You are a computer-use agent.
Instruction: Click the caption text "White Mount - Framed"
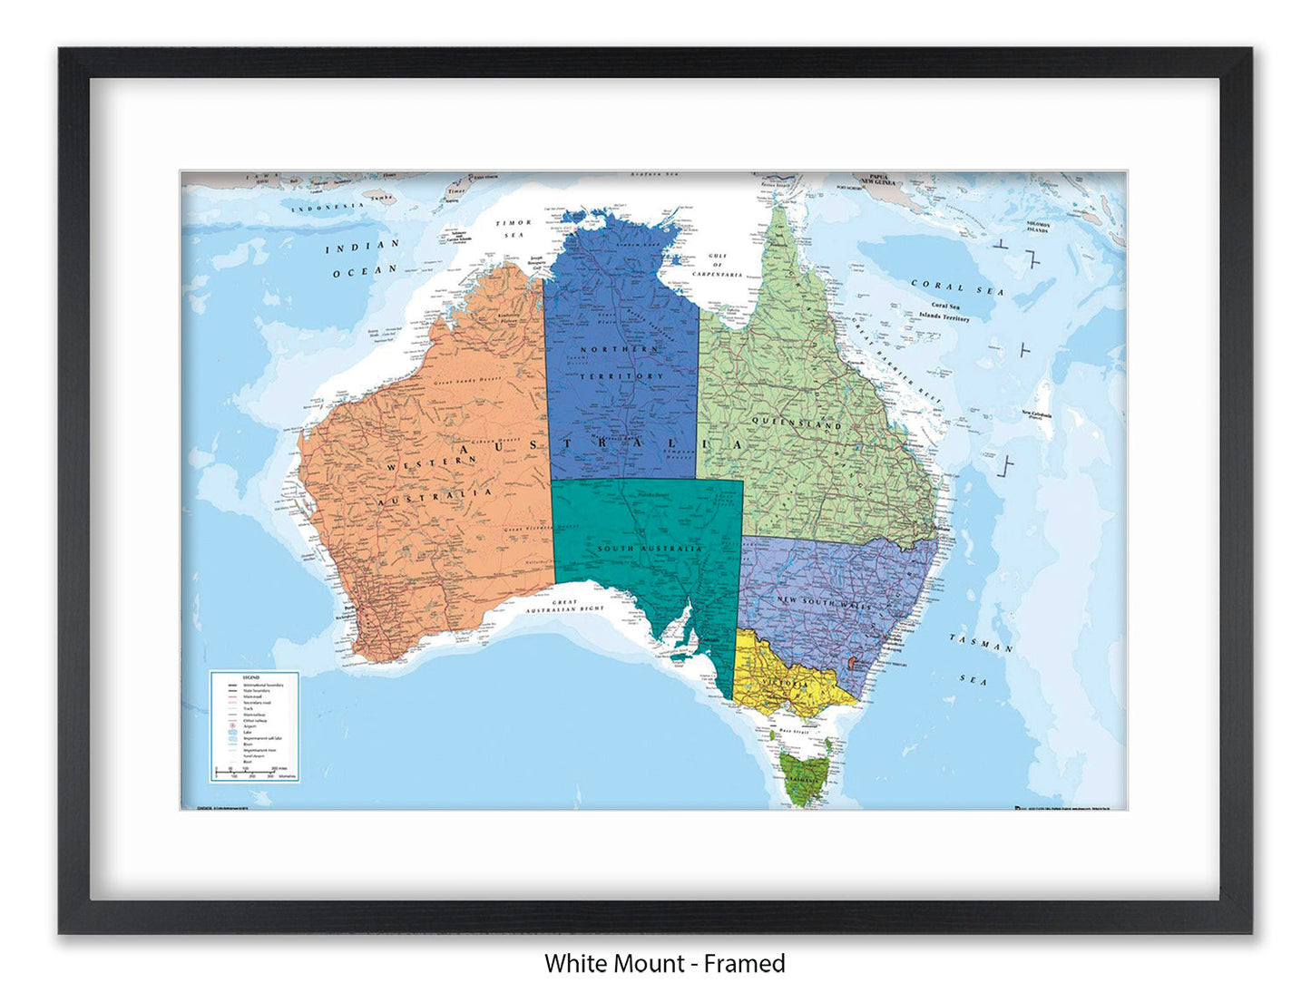(x=664, y=963)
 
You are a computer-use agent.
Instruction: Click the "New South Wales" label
(x=823, y=602)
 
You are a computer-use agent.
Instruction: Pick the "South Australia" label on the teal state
(x=649, y=549)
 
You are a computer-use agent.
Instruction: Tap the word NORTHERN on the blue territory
(x=620, y=349)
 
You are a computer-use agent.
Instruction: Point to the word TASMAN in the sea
(x=981, y=643)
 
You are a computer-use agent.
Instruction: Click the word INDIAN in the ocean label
(x=362, y=247)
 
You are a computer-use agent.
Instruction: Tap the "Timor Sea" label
(x=513, y=229)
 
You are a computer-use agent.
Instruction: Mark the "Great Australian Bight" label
(x=564, y=606)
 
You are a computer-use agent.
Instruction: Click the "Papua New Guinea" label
(x=877, y=180)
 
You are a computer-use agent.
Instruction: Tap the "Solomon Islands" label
(x=1038, y=227)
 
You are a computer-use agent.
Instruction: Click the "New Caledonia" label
(x=1036, y=414)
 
